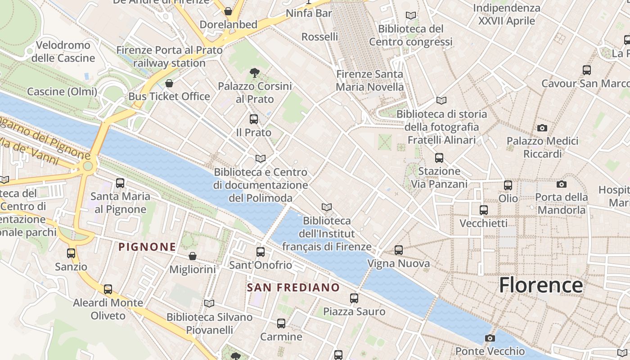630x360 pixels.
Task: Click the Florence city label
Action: click(541, 285)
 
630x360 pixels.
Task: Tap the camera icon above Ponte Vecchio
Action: click(490, 338)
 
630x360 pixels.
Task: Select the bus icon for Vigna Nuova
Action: click(398, 250)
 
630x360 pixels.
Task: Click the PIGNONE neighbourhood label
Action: click(147, 247)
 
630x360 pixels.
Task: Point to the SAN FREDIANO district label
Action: click(293, 288)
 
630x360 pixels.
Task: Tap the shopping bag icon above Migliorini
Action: click(193, 256)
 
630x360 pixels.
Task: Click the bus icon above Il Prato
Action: click(254, 119)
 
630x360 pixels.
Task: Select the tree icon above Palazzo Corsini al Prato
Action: click(255, 72)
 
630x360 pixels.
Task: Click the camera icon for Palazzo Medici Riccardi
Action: click(542, 128)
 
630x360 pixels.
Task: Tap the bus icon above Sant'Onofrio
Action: click(261, 252)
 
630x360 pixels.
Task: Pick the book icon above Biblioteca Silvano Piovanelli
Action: click(209, 303)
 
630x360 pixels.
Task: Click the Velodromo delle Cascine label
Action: click(63, 51)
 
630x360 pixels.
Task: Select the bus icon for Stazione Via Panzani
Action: click(439, 158)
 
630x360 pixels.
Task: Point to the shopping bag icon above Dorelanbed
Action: click(228, 11)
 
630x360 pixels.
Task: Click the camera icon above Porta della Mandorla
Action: click(562, 184)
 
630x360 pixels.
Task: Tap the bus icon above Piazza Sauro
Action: click(354, 298)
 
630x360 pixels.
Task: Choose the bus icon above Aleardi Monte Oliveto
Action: click(108, 289)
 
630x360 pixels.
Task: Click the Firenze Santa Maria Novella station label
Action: click(370, 80)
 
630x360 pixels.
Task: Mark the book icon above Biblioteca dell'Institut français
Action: click(327, 207)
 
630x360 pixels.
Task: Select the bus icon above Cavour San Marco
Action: click(587, 70)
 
